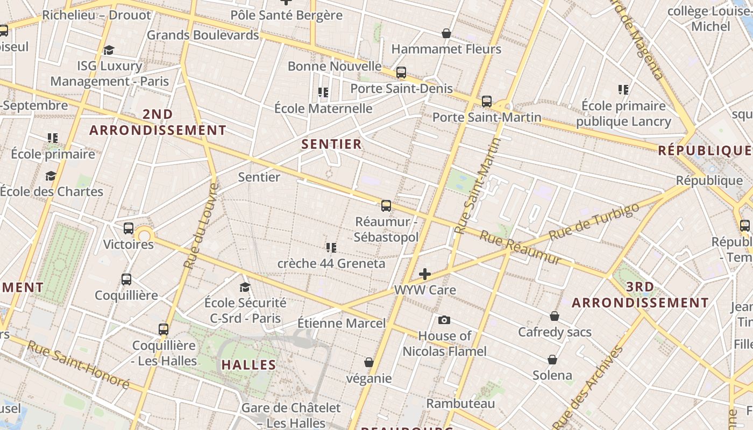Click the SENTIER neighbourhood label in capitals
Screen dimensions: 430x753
click(331, 144)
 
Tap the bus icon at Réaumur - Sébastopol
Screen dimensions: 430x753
click(386, 205)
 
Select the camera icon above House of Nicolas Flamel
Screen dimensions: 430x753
click(444, 320)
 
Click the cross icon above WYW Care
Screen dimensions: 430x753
click(425, 274)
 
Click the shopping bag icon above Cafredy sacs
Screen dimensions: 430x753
click(555, 316)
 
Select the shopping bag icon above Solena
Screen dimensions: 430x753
click(552, 359)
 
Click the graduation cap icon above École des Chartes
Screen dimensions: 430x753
click(51, 176)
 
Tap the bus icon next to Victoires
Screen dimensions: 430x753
click(129, 228)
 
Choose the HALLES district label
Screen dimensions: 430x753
click(249, 365)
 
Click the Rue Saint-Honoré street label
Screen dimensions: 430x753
click(78, 365)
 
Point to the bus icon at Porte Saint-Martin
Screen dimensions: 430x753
click(487, 101)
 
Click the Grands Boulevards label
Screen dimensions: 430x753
click(203, 35)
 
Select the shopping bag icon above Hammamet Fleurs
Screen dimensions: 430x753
click(446, 33)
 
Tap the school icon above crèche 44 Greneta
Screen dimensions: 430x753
click(331, 247)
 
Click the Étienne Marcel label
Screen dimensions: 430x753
click(342, 323)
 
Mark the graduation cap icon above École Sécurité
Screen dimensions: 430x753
click(245, 287)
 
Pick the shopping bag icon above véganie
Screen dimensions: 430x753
click(369, 362)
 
